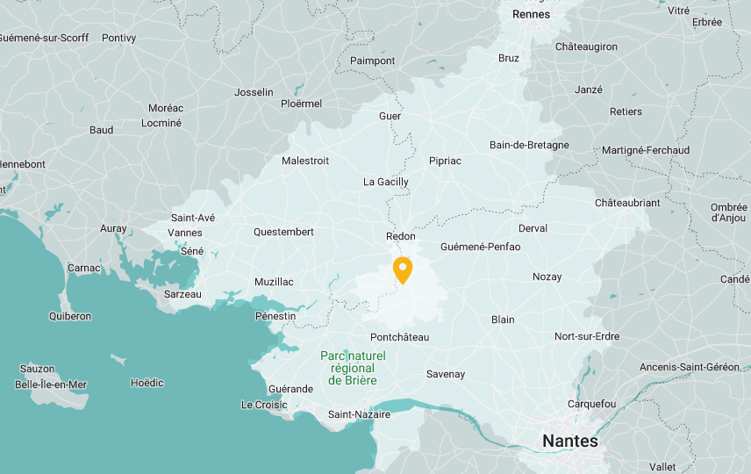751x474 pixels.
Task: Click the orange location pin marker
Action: pos(403,269)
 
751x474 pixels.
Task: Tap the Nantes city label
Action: pos(570,441)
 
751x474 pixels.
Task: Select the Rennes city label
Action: pos(531,14)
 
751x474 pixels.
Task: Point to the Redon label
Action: pos(401,237)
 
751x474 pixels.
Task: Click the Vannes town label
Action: pos(185,233)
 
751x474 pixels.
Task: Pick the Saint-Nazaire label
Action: pos(359,414)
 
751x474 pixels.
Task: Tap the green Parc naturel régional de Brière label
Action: pos(353,368)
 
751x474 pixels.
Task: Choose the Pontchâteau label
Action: pos(399,337)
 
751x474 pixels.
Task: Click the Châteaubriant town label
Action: pos(627,203)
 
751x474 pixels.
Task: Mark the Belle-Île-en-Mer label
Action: pos(51,384)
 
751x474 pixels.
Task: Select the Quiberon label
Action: pos(70,316)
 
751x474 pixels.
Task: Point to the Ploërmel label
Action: pos(301,104)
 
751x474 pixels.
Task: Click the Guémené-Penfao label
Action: pos(480,247)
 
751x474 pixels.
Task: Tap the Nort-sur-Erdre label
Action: pos(587,336)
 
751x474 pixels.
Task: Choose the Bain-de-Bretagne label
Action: pos(529,145)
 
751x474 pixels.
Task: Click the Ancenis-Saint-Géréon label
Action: pos(690,367)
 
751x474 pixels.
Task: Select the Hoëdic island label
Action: pos(147,383)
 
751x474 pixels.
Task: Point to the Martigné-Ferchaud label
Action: pos(646,150)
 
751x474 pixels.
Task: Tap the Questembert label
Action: pos(283,232)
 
